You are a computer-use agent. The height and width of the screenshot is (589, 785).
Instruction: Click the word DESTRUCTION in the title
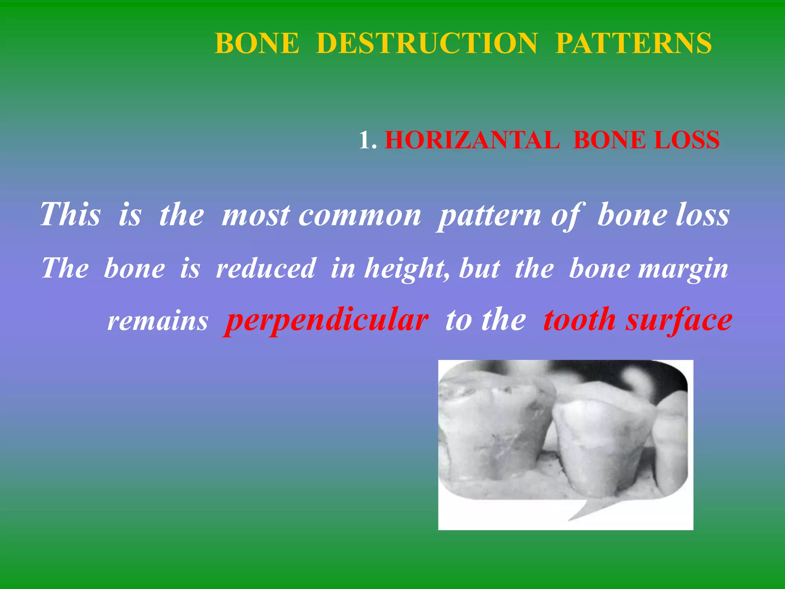[427, 43]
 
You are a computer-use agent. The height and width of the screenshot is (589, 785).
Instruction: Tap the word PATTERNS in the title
[633, 43]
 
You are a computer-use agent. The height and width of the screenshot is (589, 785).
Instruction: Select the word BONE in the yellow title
[257, 43]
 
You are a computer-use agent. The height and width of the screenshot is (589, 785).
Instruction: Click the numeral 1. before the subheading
[368, 140]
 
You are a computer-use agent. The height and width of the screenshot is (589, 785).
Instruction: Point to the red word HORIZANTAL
[472, 140]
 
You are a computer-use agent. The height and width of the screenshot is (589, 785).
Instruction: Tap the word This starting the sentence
[71, 214]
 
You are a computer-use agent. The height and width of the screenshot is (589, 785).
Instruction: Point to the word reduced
[265, 268]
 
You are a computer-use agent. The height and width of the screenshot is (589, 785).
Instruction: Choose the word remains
[158, 321]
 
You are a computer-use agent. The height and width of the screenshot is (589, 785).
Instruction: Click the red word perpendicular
[326, 321]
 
